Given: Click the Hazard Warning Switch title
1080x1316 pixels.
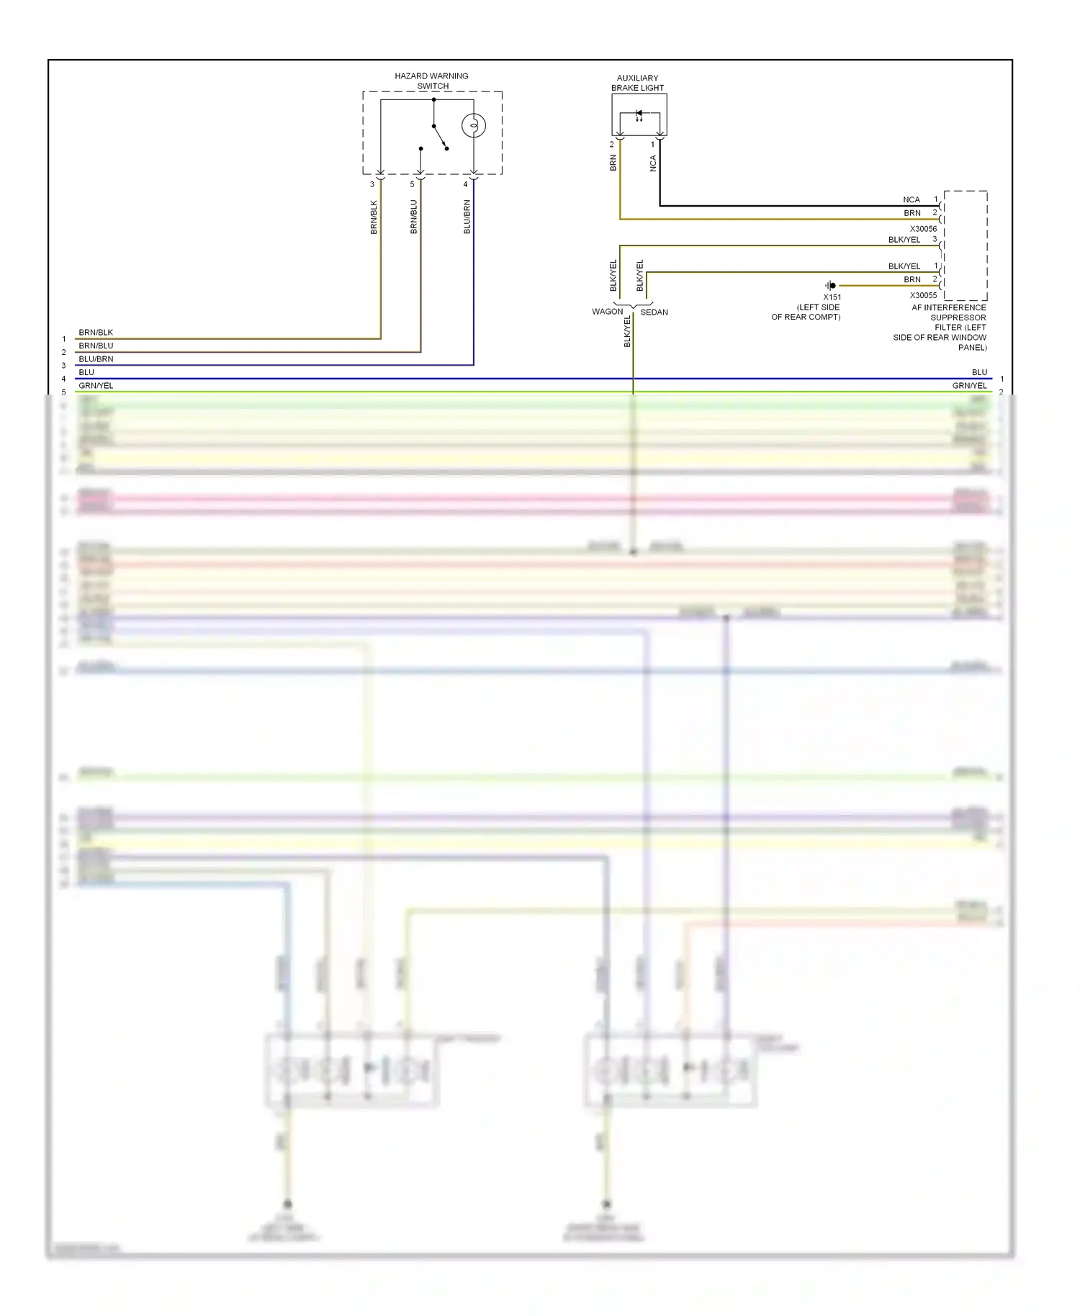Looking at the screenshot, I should [431, 81].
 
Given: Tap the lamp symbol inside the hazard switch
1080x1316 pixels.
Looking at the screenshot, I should [473, 126].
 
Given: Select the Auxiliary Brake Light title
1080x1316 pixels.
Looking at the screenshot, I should [637, 83].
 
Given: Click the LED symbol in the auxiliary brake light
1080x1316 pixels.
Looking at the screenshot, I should [639, 114].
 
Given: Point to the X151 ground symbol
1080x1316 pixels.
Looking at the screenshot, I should [831, 286].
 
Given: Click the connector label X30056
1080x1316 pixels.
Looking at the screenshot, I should [923, 229].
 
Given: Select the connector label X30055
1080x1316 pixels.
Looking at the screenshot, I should [923, 295].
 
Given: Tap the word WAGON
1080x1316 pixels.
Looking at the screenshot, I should [607, 312].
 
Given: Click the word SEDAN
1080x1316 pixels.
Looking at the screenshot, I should [654, 312].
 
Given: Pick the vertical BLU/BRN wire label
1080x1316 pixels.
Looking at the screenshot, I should [467, 217].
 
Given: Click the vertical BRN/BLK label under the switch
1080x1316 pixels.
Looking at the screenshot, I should [374, 217].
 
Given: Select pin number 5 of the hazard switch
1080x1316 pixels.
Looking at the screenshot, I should [413, 184].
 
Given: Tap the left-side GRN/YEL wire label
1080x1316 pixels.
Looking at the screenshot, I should [96, 386].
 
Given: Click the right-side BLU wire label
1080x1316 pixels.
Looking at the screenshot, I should [979, 372].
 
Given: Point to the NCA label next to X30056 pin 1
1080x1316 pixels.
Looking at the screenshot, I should [911, 200].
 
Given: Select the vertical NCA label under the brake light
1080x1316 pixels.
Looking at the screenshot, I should [653, 163].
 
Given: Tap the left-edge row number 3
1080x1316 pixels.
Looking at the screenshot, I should [63, 366].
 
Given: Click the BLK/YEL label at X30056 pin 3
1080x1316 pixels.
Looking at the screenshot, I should [904, 240].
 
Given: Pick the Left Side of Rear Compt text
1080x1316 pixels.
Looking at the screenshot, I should [806, 312].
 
